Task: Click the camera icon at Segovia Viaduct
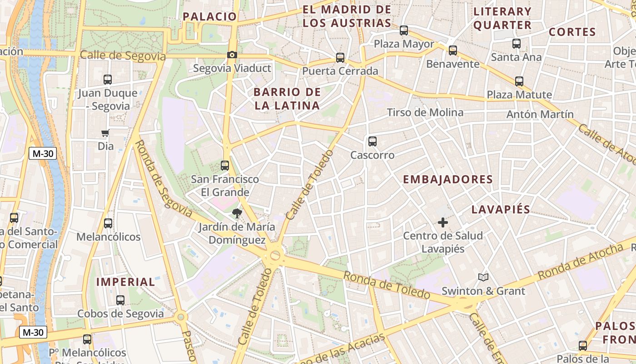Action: [232, 55]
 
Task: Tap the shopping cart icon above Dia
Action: [105, 133]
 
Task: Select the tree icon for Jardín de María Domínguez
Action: [237, 213]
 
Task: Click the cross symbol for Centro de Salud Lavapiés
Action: [443, 222]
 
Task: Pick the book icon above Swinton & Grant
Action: [483, 277]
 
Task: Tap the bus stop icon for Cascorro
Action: [373, 142]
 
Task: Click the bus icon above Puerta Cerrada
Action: [340, 58]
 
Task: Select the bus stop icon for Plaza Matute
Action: [519, 81]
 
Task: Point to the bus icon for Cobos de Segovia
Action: [120, 300]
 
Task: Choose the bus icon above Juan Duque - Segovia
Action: [108, 80]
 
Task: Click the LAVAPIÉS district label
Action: [501, 209]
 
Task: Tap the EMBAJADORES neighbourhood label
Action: [448, 179]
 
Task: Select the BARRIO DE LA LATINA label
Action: [287, 99]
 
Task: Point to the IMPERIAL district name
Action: [126, 282]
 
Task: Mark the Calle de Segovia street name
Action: [123, 56]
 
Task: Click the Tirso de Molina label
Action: [425, 112]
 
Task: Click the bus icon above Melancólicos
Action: [108, 223]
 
